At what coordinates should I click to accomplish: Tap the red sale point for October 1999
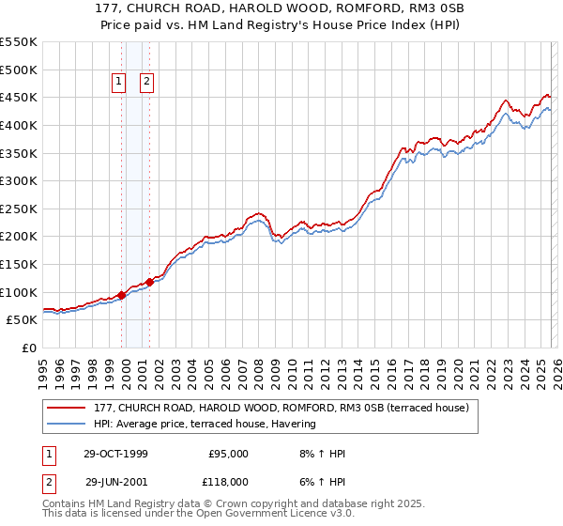[x=122, y=295]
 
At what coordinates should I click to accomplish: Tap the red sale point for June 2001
[x=149, y=282]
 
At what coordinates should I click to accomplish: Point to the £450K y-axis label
[x=19, y=97]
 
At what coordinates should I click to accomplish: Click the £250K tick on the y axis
[x=19, y=209]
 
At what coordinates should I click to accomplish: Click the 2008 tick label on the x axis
[x=258, y=368]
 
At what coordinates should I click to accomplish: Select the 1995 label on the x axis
[x=43, y=368]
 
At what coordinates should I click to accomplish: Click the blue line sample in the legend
[x=68, y=424]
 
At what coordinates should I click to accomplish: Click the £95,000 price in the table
[x=227, y=454]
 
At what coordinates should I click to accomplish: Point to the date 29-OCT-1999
[x=115, y=454]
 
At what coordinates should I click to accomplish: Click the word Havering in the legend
[x=294, y=424]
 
